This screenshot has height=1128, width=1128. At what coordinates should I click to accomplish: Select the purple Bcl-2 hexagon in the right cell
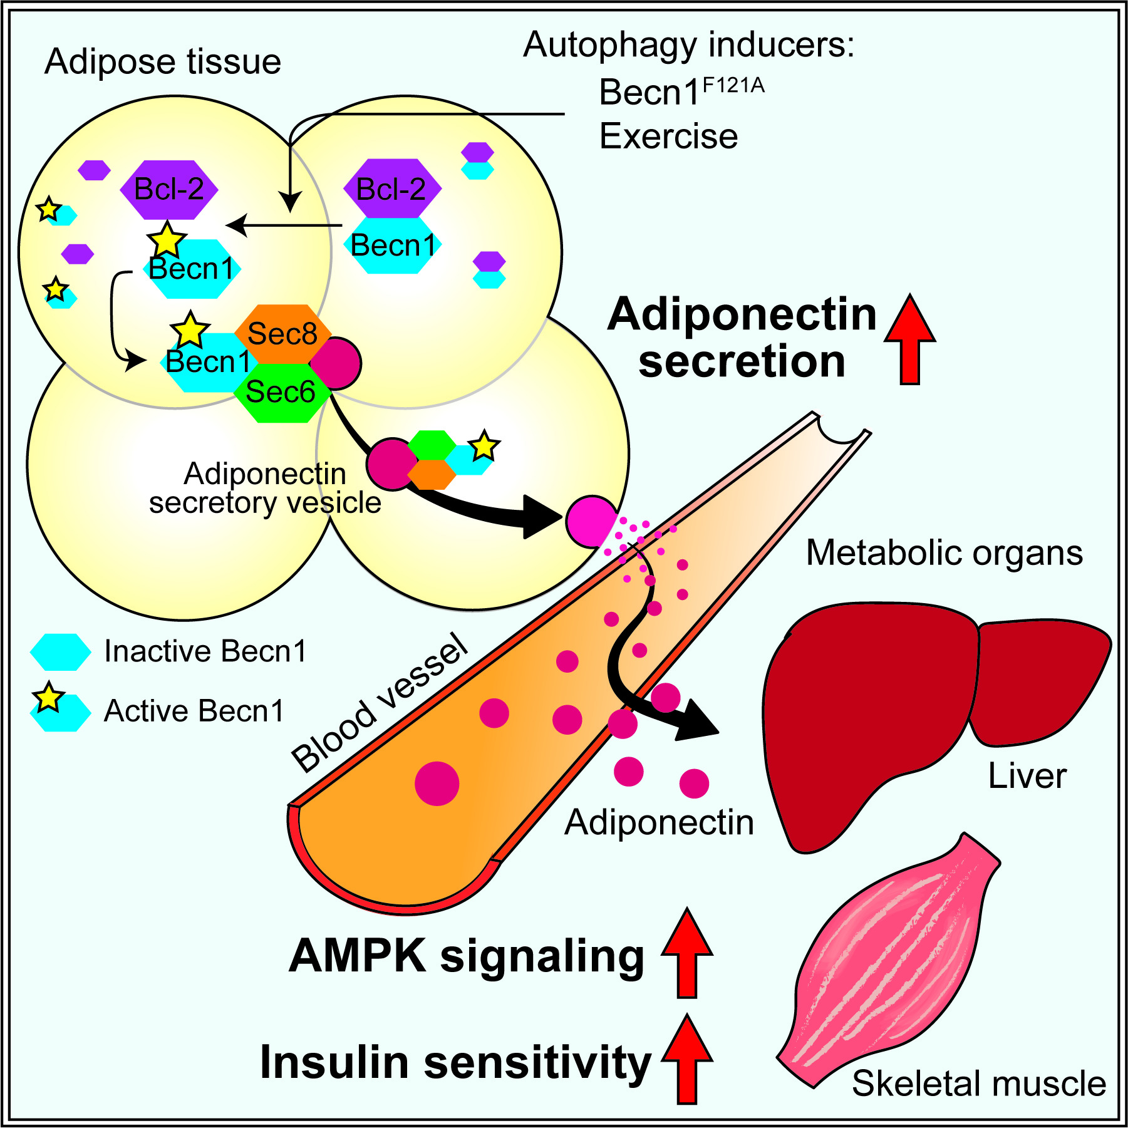pos(392,189)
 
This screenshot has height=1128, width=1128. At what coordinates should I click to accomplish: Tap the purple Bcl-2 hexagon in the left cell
pos(168,189)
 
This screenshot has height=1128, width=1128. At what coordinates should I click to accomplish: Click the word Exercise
pos(668,137)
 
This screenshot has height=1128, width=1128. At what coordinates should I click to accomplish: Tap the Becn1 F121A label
pos(681,92)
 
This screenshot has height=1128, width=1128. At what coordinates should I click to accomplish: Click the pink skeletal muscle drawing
pos(889,965)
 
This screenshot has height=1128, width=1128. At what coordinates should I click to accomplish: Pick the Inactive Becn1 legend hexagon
pos(61,652)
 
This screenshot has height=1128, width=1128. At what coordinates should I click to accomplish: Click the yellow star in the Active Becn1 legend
pos(49,698)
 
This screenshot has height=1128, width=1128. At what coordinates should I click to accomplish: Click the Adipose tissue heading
pos(163,62)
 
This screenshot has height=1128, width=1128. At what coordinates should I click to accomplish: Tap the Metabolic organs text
pos(944,553)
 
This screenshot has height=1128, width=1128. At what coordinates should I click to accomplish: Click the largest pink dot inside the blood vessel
pos(437,783)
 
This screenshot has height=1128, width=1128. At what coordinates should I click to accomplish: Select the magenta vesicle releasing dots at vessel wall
pos(591,521)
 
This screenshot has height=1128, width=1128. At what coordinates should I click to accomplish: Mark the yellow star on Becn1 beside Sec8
pos(190,330)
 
